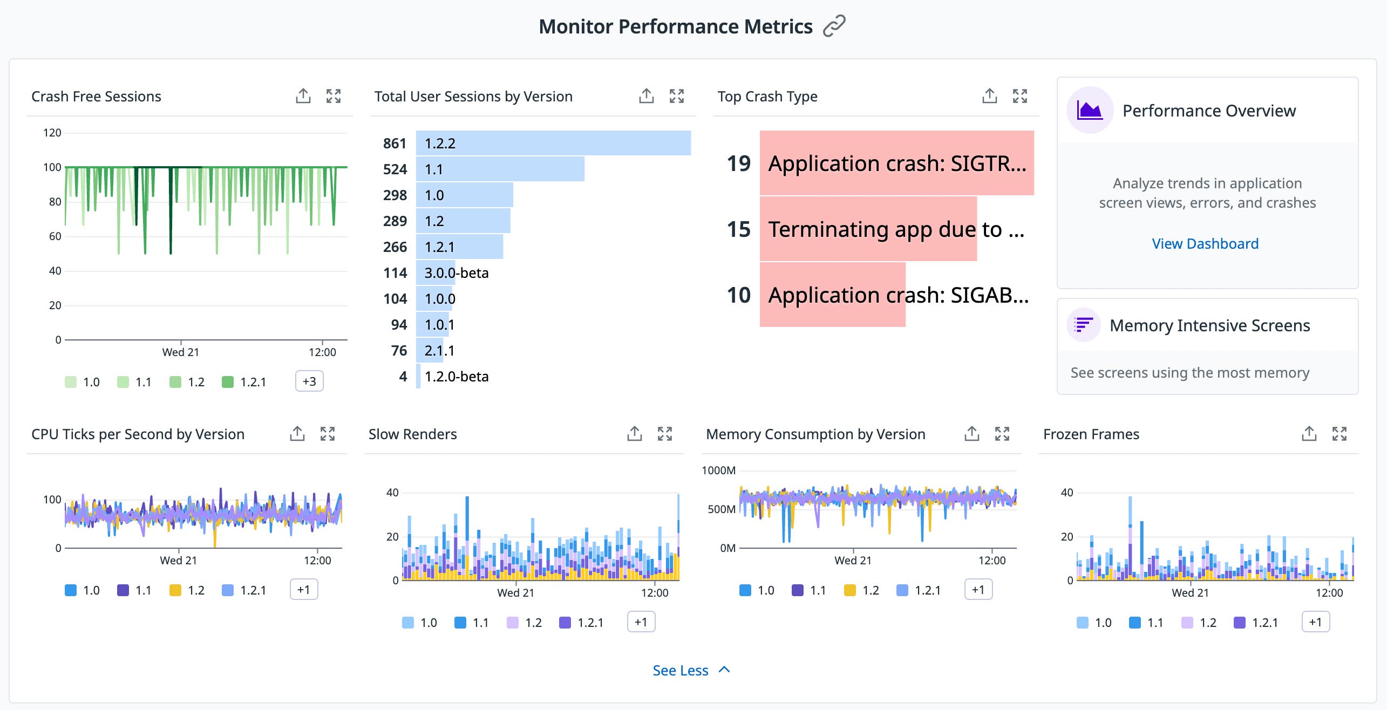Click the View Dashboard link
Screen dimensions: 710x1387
(1205, 244)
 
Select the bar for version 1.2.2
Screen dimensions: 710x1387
(553, 143)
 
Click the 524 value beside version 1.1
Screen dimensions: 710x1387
(395, 169)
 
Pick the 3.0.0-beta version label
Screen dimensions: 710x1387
(456, 273)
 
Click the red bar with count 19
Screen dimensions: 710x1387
(896, 163)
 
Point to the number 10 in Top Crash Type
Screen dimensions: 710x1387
(738, 295)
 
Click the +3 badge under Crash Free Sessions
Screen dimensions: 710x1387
(309, 381)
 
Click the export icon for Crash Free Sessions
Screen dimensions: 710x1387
(303, 96)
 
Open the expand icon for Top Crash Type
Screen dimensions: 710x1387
(1019, 96)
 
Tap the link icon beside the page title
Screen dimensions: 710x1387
(834, 26)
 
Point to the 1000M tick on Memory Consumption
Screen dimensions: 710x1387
(718, 470)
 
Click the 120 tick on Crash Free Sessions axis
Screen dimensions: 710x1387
(52, 133)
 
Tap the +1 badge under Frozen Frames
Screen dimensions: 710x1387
(1315, 622)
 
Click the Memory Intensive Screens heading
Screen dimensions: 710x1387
(1209, 325)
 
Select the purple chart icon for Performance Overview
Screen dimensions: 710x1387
(1089, 111)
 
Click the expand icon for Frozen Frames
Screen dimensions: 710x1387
(1339, 434)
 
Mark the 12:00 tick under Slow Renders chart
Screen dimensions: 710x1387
(654, 592)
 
